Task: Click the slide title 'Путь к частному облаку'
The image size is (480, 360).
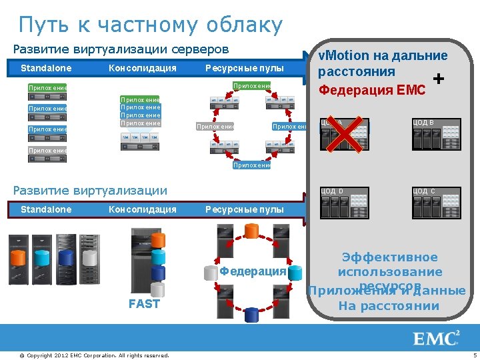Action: (x=151, y=25)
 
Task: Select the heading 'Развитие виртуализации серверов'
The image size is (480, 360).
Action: (x=121, y=49)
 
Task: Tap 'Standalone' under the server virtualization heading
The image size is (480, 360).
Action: (x=46, y=68)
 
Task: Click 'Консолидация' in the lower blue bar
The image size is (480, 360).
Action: (x=142, y=209)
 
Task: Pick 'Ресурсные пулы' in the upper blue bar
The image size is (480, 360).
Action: (x=244, y=68)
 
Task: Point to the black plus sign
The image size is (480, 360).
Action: (x=438, y=79)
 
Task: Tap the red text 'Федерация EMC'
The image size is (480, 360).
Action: (x=372, y=89)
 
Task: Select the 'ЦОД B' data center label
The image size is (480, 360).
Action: (x=423, y=123)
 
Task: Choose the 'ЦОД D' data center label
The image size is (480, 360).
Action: (x=332, y=191)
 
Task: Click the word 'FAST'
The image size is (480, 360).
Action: (x=144, y=304)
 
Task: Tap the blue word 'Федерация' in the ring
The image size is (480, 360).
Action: (x=253, y=271)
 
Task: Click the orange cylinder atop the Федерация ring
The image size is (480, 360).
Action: (x=251, y=231)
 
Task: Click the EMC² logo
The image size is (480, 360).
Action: (x=437, y=338)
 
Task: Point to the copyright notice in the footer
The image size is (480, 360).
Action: (x=93, y=355)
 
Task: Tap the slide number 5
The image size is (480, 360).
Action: (x=474, y=355)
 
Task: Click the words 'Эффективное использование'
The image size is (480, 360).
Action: (x=390, y=265)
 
